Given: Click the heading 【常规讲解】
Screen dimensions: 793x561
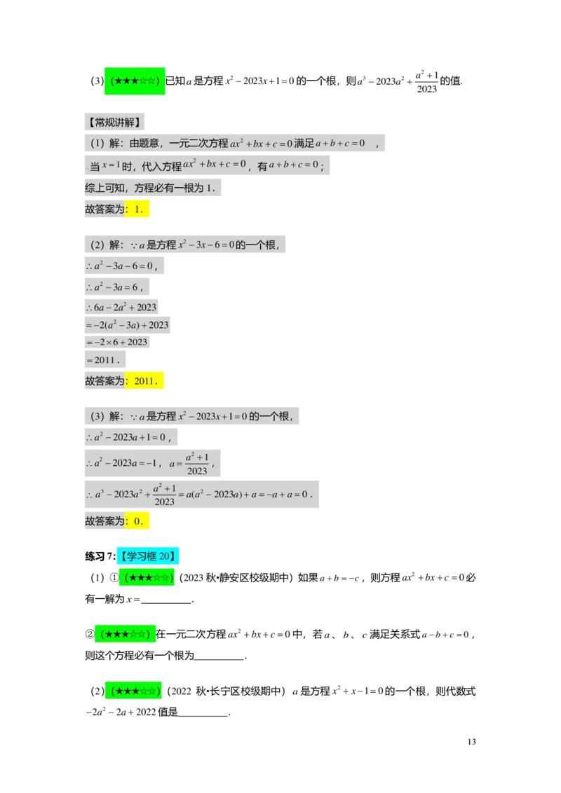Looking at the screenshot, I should click(x=115, y=122).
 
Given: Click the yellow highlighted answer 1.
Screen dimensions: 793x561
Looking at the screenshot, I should click(x=138, y=209).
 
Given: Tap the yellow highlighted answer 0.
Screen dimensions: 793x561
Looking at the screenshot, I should click(x=138, y=520).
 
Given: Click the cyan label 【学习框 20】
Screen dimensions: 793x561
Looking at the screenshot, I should click(x=148, y=557).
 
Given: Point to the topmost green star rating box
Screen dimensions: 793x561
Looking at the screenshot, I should click(x=135, y=81).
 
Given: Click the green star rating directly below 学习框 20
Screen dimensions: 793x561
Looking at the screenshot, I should click(x=148, y=578).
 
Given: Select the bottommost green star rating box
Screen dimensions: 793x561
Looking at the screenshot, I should click(x=133, y=691).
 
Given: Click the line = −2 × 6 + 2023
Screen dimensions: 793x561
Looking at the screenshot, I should click(x=117, y=342).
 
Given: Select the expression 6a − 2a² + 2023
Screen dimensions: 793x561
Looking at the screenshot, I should click(x=124, y=307).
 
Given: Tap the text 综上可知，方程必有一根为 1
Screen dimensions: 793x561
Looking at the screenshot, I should click(x=154, y=188).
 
